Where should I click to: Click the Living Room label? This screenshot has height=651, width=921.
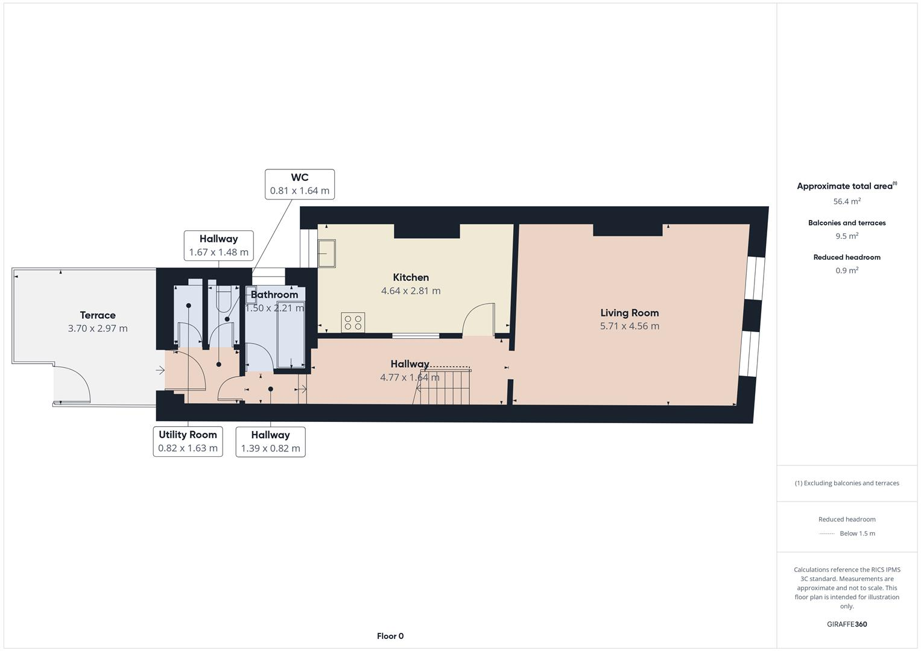(629, 313)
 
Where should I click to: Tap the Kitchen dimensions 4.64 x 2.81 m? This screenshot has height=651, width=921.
(411, 291)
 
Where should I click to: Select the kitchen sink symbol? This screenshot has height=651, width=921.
(328, 253)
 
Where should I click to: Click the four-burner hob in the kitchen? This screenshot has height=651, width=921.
(353, 322)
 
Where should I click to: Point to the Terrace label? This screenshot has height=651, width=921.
(98, 315)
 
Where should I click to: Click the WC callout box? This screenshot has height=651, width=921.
(300, 184)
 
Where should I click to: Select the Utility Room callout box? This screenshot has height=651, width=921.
(188, 441)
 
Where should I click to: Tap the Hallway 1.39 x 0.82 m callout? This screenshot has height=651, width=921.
(270, 441)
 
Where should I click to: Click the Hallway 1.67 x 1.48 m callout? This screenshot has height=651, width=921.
(218, 245)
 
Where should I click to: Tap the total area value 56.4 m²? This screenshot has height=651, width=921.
(847, 201)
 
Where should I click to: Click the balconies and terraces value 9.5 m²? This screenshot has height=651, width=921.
(847, 236)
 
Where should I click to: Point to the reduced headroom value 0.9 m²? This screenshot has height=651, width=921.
(847, 271)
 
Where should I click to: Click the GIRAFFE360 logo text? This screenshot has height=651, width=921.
(847, 624)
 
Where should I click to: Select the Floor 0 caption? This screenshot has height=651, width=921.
(390, 636)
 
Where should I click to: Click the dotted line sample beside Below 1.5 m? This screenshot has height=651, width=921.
(827, 533)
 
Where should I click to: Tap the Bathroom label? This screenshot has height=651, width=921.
(274, 295)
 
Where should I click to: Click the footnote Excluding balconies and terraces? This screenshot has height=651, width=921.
(847, 483)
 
